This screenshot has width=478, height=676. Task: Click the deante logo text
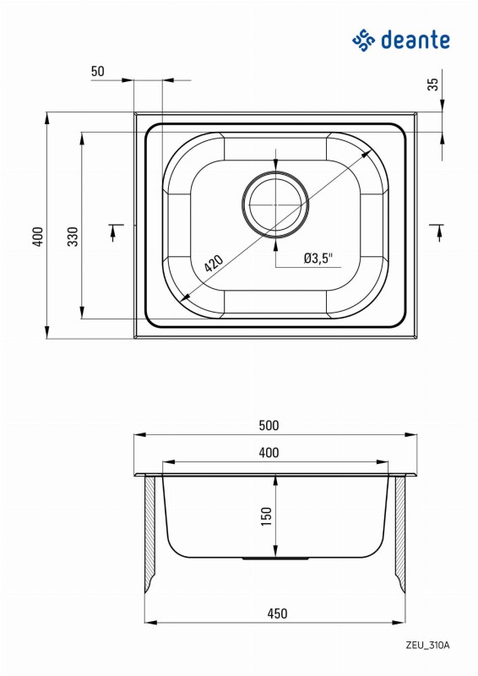click(416, 40)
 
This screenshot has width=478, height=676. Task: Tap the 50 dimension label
click(98, 71)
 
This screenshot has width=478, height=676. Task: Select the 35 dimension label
click(433, 84)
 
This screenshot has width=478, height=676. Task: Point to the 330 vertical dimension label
click(73, 237)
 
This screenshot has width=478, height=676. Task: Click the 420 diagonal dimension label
click(214, 264)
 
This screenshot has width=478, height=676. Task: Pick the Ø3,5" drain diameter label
click(318, 259)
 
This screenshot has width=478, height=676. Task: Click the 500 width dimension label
click(269, 426)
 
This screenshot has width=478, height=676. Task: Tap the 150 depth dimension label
click(267, 515)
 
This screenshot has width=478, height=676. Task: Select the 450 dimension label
click(277, 613)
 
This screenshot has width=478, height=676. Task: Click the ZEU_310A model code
click(427, 646)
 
